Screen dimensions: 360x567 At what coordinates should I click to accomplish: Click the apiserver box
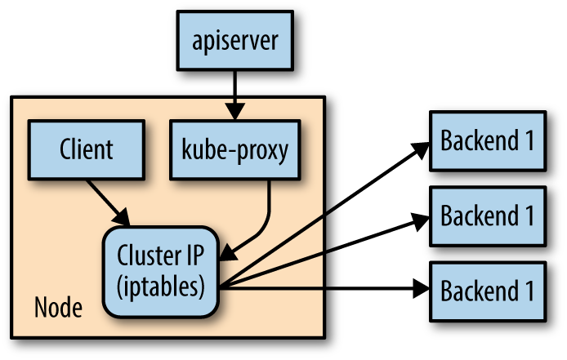pyautogui.click(x=235, y=39)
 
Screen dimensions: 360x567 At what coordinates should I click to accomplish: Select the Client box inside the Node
pyautogui.click(x=86, y=149)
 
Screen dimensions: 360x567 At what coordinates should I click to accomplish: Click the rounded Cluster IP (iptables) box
pyautogui.click(x=160, y=271)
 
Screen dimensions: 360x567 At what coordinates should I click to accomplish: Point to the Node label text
pyautogui.click(x=58, y=309)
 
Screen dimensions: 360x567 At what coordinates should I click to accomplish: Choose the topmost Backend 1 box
pyautogui.click(x=488, y=140)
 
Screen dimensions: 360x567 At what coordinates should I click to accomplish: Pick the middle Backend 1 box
pyautogui.click(x=488, y=216)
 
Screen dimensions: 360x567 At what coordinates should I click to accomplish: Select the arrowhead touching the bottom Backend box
pyautogui.click(x=421, y=288)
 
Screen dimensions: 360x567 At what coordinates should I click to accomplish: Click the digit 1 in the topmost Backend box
pyautogui.click(x=529, y=140)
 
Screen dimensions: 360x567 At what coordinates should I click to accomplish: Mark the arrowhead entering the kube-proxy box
pyautogui.click(x=235, y=111)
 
